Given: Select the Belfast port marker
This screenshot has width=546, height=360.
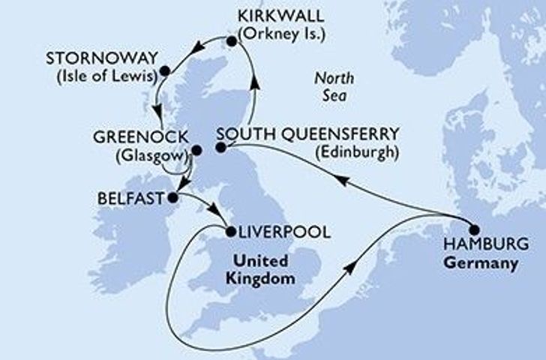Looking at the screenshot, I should pyautogui.click(x=172, y=199).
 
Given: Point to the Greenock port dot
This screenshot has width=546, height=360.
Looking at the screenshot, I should pyautogui.click(x=196, y=150).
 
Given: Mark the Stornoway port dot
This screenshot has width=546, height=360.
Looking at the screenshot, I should pyautogui.click(x=165, y=72).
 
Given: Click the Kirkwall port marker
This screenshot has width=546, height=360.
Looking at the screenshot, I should pyautogui.click(x=231, y=42).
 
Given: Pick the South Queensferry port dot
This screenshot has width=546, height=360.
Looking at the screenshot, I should pyautogui.click(x=220, y=148).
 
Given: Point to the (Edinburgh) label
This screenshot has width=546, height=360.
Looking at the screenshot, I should pyautogui.click(x=357, y=152).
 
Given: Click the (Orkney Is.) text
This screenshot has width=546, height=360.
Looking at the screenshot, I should pyautogui.click(x=285, y=34).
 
